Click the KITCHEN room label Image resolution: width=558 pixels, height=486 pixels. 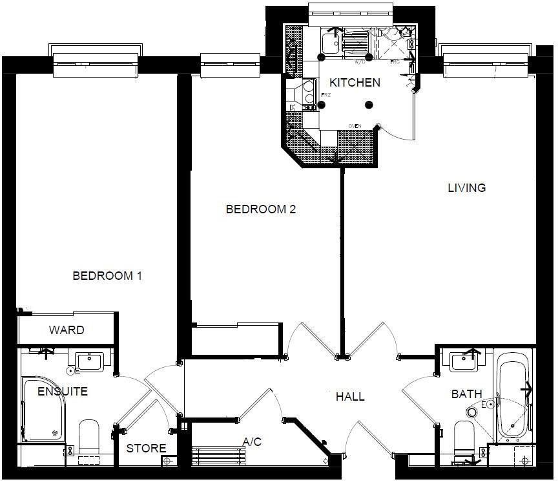click(355, 83)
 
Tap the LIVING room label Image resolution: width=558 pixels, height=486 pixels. click(466, 188)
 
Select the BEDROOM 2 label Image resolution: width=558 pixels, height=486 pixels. click(260, 209)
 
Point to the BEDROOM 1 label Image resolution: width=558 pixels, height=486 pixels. click(107, 276)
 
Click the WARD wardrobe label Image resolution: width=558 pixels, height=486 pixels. click(67, 330)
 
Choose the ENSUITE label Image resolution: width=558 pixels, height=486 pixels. click(62, 392)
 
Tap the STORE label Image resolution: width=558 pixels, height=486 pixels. click(146, 449)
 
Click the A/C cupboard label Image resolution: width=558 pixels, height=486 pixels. click(252, 442)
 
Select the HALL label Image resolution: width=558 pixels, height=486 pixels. click(349, 397)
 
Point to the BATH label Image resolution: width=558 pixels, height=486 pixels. click(466, 394)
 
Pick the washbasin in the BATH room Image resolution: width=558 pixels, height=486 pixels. click(464, 361)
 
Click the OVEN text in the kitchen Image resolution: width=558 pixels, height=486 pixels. click(355, 125)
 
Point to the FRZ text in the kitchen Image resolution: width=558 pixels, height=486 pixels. click(326, 96)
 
